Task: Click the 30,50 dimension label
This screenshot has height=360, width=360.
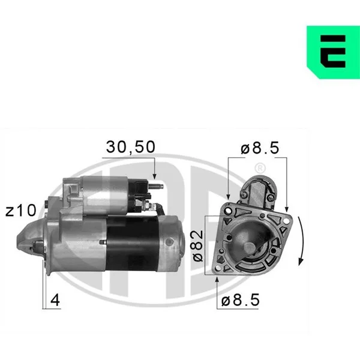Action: tap(130, 147)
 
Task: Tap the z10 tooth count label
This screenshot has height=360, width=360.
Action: tap(21, 211)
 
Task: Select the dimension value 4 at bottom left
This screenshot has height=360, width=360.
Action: tap(55, 300)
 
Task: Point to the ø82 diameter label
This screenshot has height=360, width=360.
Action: tap(198, 246)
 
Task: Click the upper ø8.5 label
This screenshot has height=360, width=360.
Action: tap(260, 148)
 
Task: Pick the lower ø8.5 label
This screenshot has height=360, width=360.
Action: tap(241, 300)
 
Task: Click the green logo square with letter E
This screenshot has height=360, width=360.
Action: tap(333, 52)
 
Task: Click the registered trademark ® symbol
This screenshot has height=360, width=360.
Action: tap(260, 168)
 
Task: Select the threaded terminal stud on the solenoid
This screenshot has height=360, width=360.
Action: tap(156, 186)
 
